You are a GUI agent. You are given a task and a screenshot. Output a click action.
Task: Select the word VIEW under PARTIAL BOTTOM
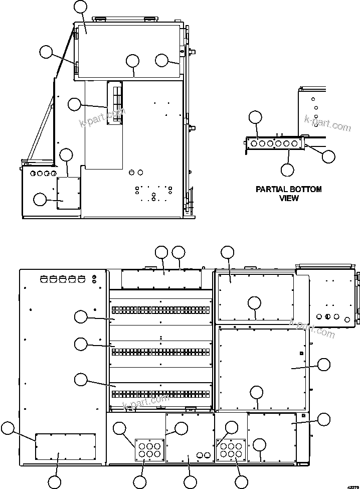(x=289, y=198)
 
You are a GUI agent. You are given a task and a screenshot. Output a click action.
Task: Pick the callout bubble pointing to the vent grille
(x=74, y=104)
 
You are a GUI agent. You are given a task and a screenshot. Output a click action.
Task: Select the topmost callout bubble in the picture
(x=80, y=7)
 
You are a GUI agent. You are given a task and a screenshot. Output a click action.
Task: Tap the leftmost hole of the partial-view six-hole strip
(x=254, y=144)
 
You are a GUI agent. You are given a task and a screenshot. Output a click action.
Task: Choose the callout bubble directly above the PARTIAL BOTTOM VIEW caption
(x=287, y=170)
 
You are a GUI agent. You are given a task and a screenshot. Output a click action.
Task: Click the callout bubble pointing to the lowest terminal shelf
(x=80, y=379)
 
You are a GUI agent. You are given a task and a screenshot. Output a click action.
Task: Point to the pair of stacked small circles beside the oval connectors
(x=95, y=278)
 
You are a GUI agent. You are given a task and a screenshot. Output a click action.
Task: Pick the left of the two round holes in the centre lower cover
(x=200, y=455)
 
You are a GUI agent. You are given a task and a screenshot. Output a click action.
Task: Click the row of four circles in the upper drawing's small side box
(x=43, y=174)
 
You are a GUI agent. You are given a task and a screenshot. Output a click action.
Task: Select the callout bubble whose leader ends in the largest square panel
(x=324, y=365)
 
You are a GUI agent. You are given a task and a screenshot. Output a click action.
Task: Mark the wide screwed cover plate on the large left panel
(x=65, y=446)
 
